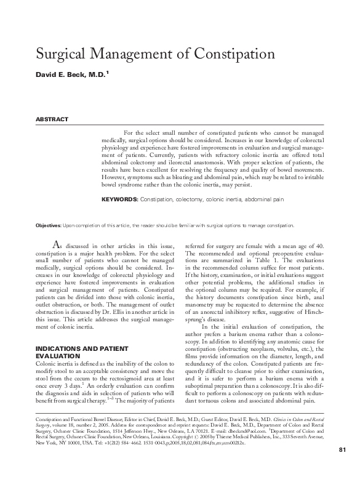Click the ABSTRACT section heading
coord(51,119)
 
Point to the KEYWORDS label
coord(119,200)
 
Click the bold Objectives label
coord(49,226)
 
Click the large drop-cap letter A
coord(57,245)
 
